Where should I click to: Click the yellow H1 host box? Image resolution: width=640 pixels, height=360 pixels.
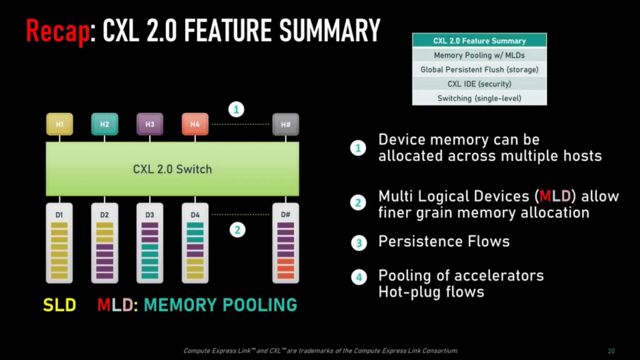coord(59,124)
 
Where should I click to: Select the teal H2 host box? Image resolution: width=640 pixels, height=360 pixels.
coord(105,124)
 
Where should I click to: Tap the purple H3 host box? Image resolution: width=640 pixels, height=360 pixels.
coord(150,124)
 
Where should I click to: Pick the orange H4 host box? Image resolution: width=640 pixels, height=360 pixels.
coord(195,124)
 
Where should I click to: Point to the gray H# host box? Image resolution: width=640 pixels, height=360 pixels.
coord(286,124)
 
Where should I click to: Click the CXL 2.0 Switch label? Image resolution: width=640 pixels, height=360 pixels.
coord(172,169)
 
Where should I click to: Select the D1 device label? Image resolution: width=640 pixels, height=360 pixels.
coord(59,215)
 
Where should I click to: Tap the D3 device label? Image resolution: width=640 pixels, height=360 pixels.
coord(150,215)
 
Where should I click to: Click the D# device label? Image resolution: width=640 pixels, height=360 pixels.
coord(286,215)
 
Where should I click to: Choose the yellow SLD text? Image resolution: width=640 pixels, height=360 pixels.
coord(59,305)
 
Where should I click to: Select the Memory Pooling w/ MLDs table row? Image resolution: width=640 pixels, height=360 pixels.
coord(479,55)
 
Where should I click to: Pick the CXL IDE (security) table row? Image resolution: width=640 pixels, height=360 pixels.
coord(479,84)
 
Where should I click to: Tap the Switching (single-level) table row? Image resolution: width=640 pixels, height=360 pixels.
coord(479,98)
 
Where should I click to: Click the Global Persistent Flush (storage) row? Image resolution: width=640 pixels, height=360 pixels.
coord(479,69)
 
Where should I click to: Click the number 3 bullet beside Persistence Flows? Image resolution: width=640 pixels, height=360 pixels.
coord(359,243)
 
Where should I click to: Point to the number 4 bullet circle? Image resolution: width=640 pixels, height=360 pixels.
coord(359,277)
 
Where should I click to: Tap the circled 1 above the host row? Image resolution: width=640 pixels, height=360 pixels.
coord(236,109)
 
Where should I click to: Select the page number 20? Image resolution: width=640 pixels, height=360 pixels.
coord(611,351)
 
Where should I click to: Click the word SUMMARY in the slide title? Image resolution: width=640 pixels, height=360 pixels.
coord(330,31)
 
